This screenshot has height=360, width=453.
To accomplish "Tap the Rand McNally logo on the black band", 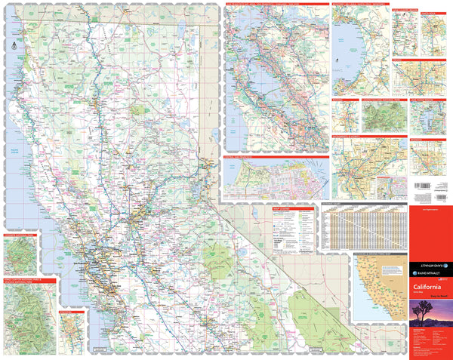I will pos(428,268).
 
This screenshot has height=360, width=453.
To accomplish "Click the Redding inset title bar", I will pos(346,98).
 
